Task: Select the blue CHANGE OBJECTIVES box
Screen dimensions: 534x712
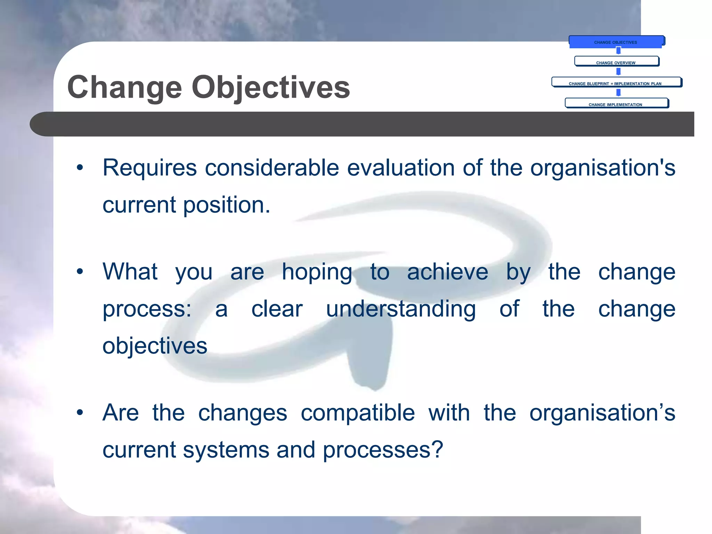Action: [616, 42]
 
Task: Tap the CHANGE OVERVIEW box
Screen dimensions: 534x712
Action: [616, 62]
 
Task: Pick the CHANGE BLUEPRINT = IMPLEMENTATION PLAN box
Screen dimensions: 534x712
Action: [616, 82]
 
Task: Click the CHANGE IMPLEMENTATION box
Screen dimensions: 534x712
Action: [616, 103]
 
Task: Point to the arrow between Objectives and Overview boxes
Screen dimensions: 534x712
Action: [618, 51]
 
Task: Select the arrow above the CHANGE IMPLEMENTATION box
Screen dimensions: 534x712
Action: [618, 92]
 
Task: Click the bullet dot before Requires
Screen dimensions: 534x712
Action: [80, 168]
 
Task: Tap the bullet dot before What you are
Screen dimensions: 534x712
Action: [80, 272]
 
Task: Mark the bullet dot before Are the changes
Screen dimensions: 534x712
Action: [80, 413]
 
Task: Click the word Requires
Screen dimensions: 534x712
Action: [149, 168]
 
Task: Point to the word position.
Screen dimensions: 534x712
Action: [226, 205]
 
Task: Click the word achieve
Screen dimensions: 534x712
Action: [447, 272]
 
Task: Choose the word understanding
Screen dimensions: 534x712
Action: [400, 309]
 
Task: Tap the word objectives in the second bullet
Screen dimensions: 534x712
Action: [155, 346]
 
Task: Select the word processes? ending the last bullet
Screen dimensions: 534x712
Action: [383, 450]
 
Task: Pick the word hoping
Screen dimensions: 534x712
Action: [317, 272]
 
